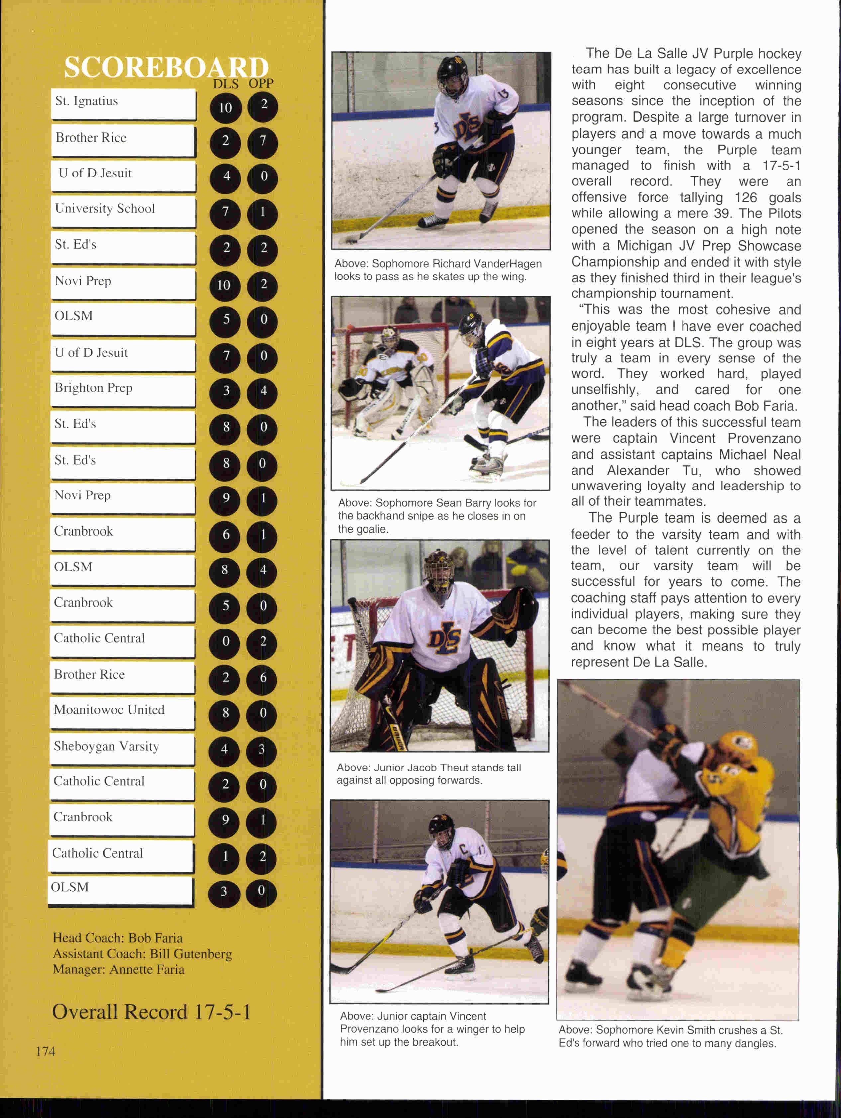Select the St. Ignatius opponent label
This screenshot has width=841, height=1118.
[x=86, y=101]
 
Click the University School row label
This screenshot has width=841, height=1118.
[x=105, y=209]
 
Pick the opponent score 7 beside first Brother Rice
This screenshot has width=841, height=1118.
[x=263, y=141]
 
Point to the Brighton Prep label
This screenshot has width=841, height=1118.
[x=93, y=388]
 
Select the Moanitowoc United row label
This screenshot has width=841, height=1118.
[x=109, y=710]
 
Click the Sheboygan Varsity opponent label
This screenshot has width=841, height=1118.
[x=106, y=747]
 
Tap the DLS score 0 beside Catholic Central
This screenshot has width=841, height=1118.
[x=225, y=641]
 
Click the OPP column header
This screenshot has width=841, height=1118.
[x=261, y=84]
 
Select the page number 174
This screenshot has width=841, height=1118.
[x=46, y=1051]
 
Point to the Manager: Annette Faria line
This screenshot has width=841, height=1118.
[x=119, y=969]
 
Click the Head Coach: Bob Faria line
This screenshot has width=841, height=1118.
[x=118, y=938]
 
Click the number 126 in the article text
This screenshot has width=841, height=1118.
[x=746, y=198]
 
